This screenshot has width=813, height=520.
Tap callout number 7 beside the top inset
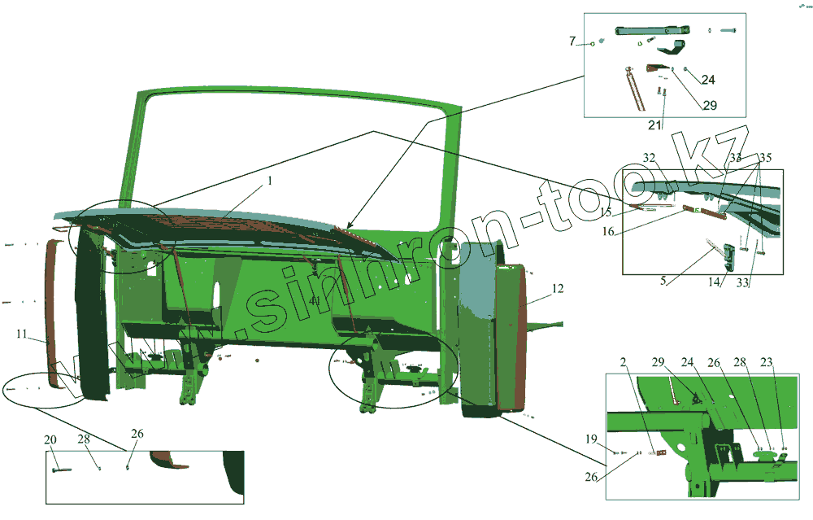572,40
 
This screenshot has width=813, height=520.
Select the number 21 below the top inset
655,124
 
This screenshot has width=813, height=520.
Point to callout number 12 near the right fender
557,288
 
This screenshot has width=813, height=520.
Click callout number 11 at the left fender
23,334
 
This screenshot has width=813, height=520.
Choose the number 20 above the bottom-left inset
50,439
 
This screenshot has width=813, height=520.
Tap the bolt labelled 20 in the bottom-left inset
61,469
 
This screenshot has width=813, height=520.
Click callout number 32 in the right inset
649,157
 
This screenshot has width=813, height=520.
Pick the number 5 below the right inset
663,280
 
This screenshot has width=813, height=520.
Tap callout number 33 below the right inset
742,282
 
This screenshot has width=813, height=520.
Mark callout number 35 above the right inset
766,157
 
